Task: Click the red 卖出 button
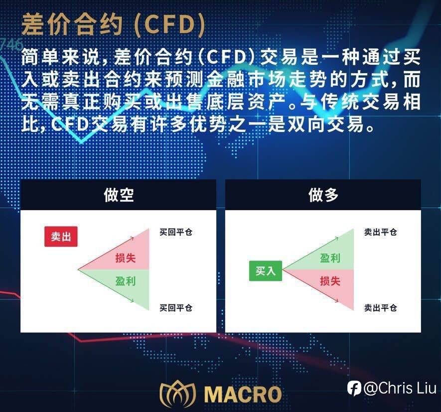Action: (61, 237)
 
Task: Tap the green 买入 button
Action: (266, 271)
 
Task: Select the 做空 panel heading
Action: (119, 195)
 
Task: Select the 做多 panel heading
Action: (323, 195)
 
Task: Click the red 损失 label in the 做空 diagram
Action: (126, 258)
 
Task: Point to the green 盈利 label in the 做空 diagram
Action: (126, 281)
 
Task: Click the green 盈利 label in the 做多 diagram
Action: (330, 258)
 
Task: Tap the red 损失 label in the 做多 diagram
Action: (330, 281)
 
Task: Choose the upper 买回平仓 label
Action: (176, 232)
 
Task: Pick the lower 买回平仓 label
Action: (176, 308)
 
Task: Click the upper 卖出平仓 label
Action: (381, 232)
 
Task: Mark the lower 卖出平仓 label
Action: (381, 308)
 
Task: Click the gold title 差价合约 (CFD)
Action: (113, 25)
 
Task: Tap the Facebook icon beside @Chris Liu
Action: (354, 389)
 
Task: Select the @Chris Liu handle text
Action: (400, 389)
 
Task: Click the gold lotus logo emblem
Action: (177, 394)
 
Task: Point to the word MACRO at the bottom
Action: (243, 394)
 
